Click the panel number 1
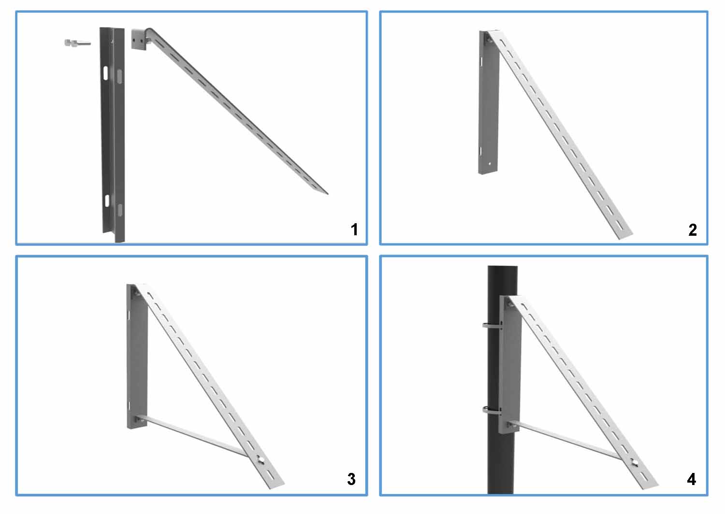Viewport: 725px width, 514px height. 354,229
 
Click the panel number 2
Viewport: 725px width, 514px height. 692,229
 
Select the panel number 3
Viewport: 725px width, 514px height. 351,479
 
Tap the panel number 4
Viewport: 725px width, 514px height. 692,479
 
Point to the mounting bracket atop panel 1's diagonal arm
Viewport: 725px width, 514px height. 139,39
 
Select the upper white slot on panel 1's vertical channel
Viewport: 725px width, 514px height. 105,73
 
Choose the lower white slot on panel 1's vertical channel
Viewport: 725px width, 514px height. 107,200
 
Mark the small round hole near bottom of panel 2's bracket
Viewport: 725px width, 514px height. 490,163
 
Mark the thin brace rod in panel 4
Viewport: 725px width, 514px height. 565,440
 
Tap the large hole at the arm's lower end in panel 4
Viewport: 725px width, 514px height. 633,464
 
